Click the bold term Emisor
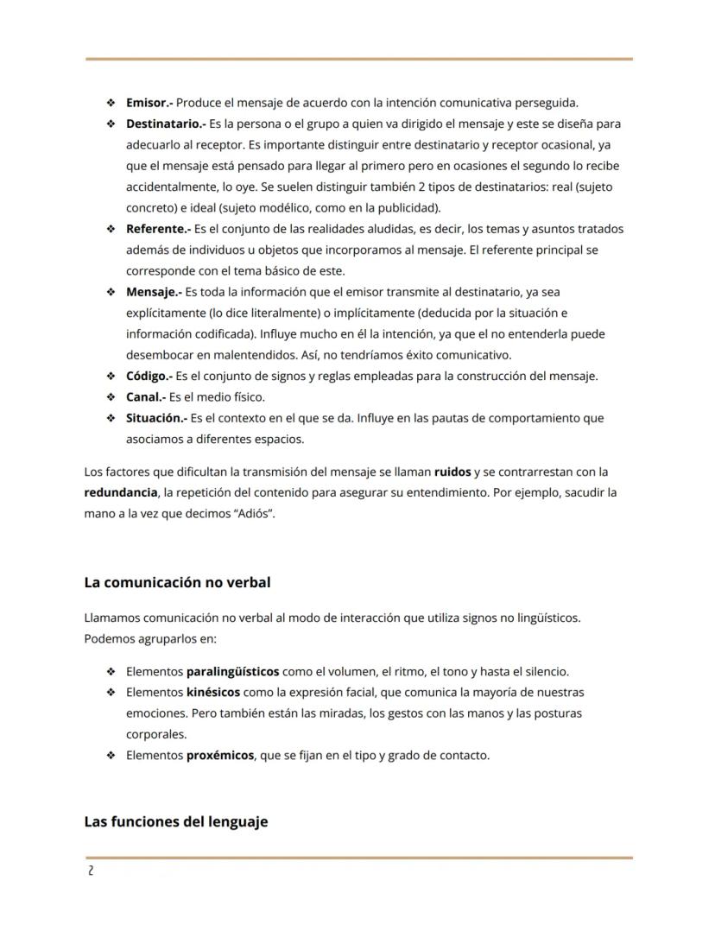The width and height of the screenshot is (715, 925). (x=149, y=103)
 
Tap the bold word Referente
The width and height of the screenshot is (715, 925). (x=156, y=229)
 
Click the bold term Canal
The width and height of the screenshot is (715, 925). (x=144, y=397)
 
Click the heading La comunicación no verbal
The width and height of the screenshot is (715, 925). (x=177, y=583)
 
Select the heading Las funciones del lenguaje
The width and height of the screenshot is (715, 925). (x=176, y=821)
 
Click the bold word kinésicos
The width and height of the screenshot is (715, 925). (x=213, y=692)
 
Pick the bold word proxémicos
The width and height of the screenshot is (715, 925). (x=220, y=755)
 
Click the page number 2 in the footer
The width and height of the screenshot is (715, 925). (x=90, y=871)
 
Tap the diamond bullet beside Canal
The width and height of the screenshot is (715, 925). (x=111, y=397)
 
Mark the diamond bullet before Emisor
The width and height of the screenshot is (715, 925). (x=111, y=103)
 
